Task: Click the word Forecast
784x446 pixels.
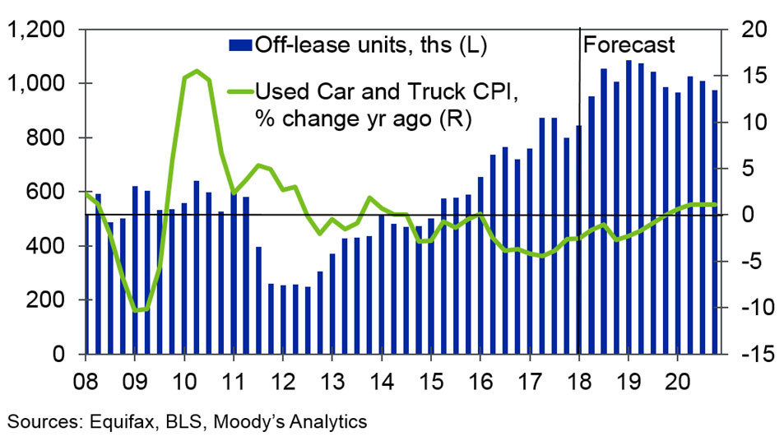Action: click(629, 44)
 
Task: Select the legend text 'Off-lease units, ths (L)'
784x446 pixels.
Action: click(370, 45)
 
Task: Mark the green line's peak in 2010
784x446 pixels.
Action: click(196, 72)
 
